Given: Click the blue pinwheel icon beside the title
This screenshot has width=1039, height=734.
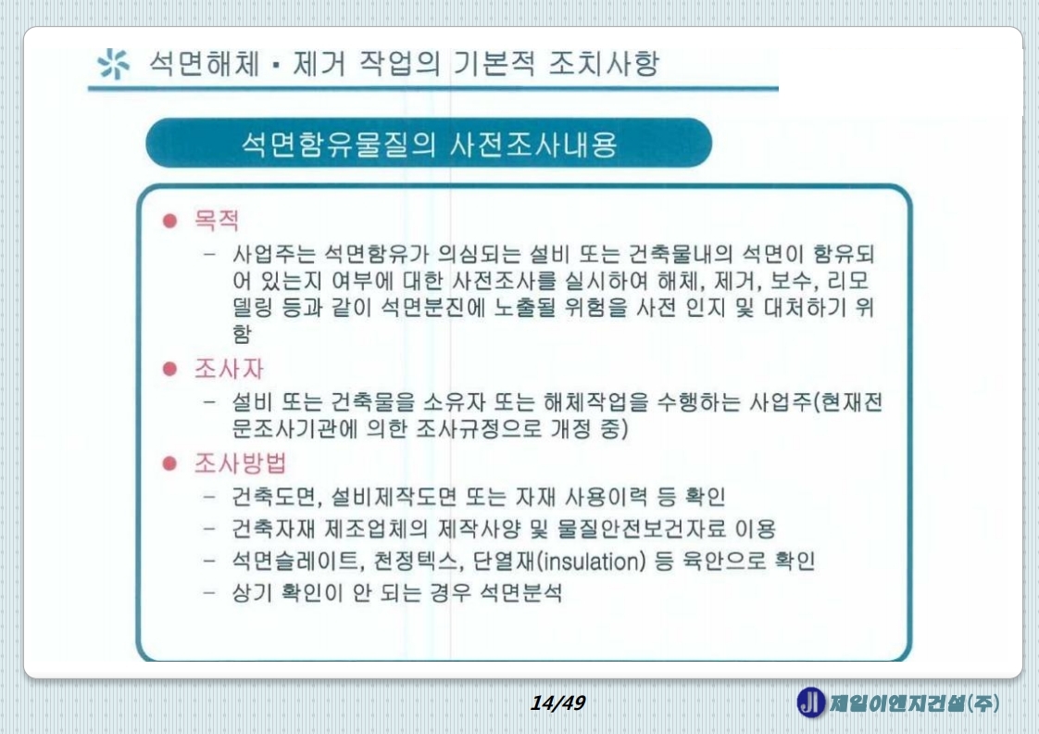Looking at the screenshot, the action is pos(113,64).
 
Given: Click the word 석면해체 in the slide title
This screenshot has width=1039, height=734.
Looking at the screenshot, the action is pos(204,64).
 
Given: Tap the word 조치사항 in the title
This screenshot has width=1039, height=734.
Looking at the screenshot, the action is pos(604,64).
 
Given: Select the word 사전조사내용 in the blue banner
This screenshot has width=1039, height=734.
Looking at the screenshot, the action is pos(533,144).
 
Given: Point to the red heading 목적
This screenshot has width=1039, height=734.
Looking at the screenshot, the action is pos(216,221).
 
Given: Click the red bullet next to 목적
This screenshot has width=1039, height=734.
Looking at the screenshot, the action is pos(170,221).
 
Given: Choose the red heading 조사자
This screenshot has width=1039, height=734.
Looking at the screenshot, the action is pos(228,369).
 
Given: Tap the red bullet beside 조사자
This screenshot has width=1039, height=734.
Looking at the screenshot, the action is pos(170,369).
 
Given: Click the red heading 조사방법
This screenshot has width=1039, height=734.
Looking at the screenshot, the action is pos(240,462).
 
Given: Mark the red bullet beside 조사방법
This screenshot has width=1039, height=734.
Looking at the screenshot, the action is pos(170,462).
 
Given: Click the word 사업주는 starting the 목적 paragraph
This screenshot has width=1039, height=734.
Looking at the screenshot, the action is pos(273,254).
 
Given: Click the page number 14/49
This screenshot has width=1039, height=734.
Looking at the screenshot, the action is pos(557,702).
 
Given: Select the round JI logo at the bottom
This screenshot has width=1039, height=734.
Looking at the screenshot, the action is pos(810,702).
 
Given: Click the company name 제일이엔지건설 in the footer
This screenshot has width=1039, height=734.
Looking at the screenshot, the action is pos(897,702).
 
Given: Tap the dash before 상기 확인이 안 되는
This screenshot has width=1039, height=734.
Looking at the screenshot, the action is pos(209,593).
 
